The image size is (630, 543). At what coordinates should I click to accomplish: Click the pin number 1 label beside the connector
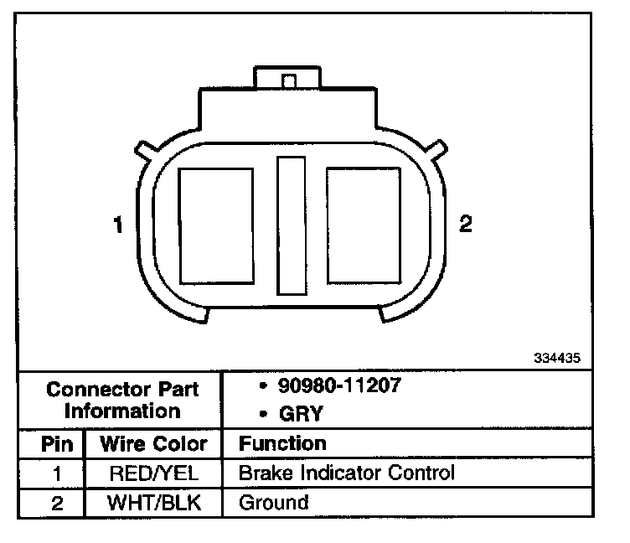[118, 225]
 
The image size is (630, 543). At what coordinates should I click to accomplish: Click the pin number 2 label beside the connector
[466, 224]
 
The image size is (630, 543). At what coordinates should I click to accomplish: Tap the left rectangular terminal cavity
[216, 226]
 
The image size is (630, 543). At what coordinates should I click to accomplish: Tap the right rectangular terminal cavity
[364, 225]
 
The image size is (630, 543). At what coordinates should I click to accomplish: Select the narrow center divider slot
[292, 226]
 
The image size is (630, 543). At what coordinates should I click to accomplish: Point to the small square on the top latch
[289, 81]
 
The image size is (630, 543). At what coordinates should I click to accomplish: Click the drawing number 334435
[557, 358]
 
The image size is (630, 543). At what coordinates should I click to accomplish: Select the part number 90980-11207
[339, 385]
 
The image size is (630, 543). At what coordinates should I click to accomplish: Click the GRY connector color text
[301, 414]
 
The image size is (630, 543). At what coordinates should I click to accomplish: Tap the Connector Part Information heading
[122, 401]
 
